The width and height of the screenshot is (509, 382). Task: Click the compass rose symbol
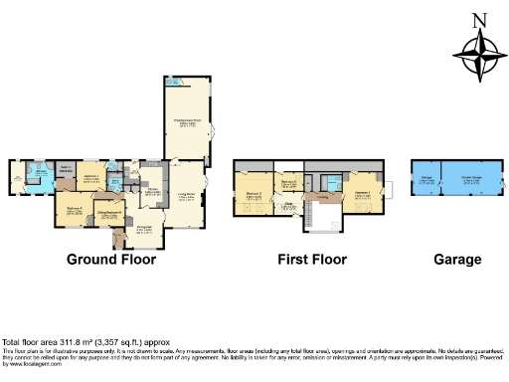point(478,56)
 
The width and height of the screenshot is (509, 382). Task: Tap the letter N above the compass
point(479,20)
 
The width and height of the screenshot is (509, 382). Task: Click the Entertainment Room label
point(188,121)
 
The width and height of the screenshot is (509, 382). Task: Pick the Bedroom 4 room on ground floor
point(74,211)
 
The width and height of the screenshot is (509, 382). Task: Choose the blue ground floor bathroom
point(38,178)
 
